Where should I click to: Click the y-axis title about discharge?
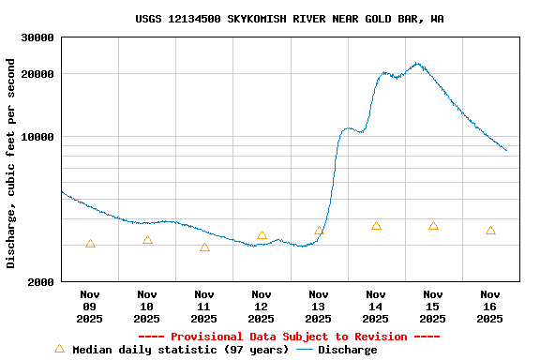(x=11, y=163)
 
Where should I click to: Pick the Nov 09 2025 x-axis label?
(x=90, y=307)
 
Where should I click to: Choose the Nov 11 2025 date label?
(x=204, y=307)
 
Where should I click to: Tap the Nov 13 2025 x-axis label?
(x=319, y=307)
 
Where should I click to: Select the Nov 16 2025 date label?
(x=490, y=307)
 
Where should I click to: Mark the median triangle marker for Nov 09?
(x=90, y=244)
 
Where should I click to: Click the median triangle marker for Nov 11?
(x=204, y=247)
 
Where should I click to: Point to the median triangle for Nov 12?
(x=262, y=235)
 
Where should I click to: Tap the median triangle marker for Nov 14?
(x=376, y=226)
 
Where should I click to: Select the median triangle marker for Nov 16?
(x=490, y=231)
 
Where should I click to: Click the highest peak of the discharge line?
(x=417, y=64)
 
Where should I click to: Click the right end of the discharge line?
(x=506, y=150)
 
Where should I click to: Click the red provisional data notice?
(x=289, y=337)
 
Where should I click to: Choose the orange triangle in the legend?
(x=59, y=349)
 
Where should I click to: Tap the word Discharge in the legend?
(x=347, y=350)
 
